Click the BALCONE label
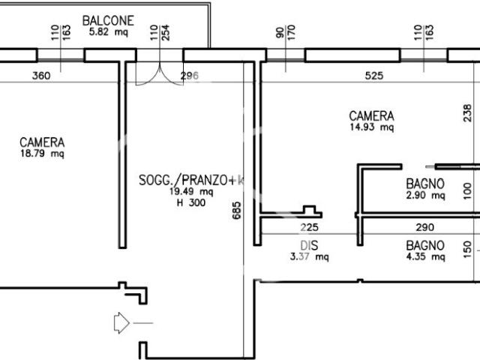pyautogui.click(x=108, y=21)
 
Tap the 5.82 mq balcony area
pyautogui.click(x=108, y=31)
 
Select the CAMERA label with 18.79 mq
pyautogui.click(x=42, y=142)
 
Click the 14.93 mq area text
pyautogui.click(x=372, y=127)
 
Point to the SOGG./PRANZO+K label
pyautogui.click(x=191, y=180)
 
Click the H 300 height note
pyautogui.click(x=191, y=202)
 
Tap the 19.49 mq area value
pyautogui.click(x=191, y=192)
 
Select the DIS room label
pyautogui.click(x=309, y=245)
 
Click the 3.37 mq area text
pyautogui.click(x=310, y=256)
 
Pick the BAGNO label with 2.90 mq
pyautogui.click(x=425, y=184)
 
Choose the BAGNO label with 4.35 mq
pyautogui.click(x=425, y=245)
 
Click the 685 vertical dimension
pyautogui.click(x=237, y=210)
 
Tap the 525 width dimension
pyautogui.click(x=374, y=76)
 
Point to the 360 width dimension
pyautogui.click(x=41, y=76)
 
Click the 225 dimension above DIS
pyautogui.click(x=309, y=227)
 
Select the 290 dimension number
pyautogui.click(x=425, y=227)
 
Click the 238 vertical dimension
pyautogui.click(x=467, y=113)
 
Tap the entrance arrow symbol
pyautogui.click(x=121, y=323)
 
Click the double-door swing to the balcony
pyautogui.click(x=160, y=73)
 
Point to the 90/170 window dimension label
pyautogui.click(x=286, y=31)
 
